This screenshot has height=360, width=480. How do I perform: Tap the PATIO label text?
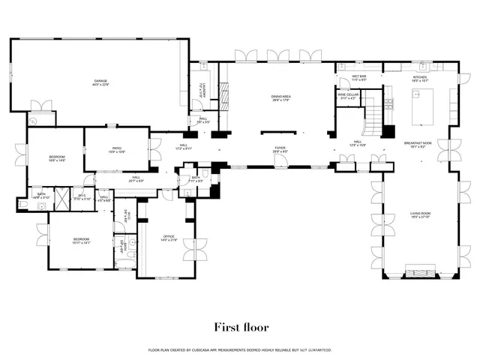[117, 148]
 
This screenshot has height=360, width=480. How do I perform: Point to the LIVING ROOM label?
[420, 214]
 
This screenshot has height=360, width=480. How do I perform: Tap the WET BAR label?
[358, 76]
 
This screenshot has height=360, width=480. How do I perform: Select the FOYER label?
[280, 148]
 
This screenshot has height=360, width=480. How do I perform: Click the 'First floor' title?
[240, 326]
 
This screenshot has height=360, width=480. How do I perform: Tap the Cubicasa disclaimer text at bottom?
[240, 349]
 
